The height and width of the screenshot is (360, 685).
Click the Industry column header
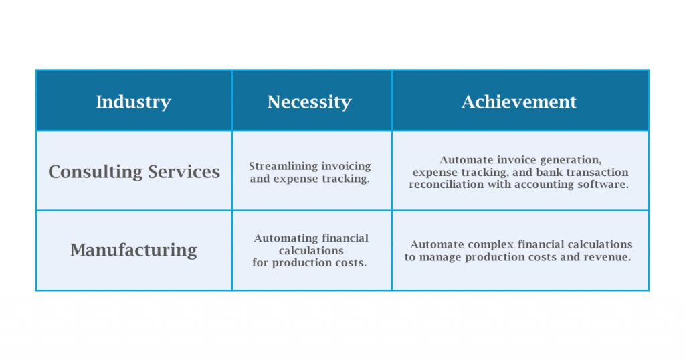pyautogui.click(x=133, y=102)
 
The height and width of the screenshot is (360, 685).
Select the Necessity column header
pyautogui.click(x=309, y=102)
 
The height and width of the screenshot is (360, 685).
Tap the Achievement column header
pyautogui.click(x=519, y=102)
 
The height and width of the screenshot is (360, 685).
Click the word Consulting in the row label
pyautogui.click(x=95, y=172)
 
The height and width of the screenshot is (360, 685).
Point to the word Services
pyautogui.click(x=184, y=171)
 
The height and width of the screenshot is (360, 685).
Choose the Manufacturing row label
pyautogui.click(x=134, y=250)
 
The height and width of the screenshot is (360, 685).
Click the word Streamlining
pyautogui.click(x=277, y=166)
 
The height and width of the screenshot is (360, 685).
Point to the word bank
pyautogui.click(x=549, y=172)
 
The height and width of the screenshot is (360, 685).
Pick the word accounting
pyautogui.click(x=544, y=185)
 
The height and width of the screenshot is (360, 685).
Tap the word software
pyautogui.click(x=603, y=185)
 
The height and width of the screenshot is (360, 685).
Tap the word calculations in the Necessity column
pyautogui.click(x=311, y=251)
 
